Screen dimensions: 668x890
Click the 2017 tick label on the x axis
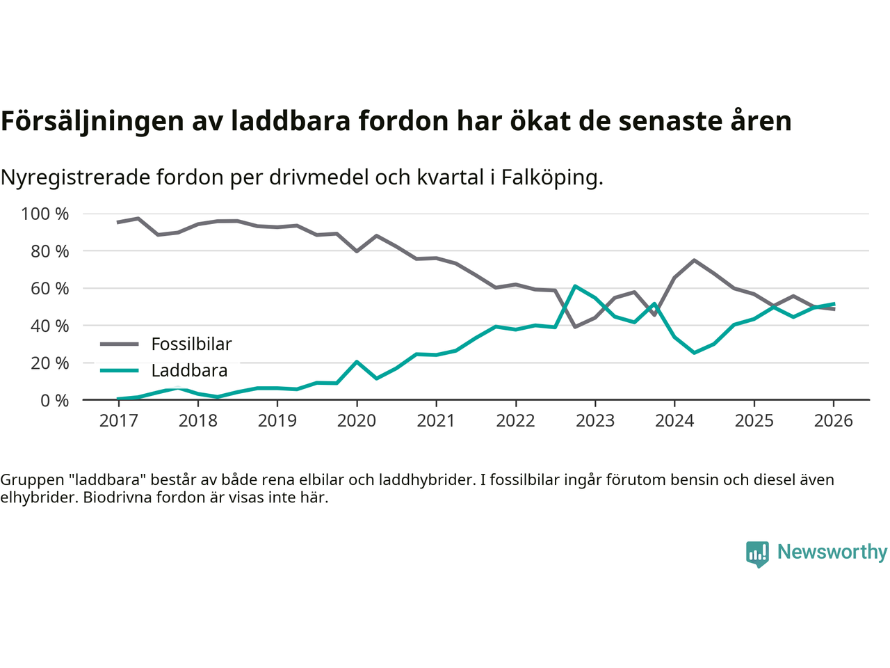pos(118,421)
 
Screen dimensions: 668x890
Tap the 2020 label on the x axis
pos(357,421)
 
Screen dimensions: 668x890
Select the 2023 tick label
pos(595,421)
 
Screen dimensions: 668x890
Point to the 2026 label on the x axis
pos(834,421)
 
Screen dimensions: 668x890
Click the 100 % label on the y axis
pos(45,214)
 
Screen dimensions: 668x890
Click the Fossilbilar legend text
pos(191,344)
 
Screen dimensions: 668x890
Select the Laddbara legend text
pos(189,370)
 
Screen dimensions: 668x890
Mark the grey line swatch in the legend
pos(120,344)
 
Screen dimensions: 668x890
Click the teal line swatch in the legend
pos(120,370)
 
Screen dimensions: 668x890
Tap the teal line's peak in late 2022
pos(575,286)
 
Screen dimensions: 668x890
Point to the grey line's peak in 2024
pos(694,260)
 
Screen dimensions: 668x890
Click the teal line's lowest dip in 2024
pos(694,353)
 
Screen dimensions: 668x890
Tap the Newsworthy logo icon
pos(757,554)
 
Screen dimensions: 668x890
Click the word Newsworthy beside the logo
pos(832,552)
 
